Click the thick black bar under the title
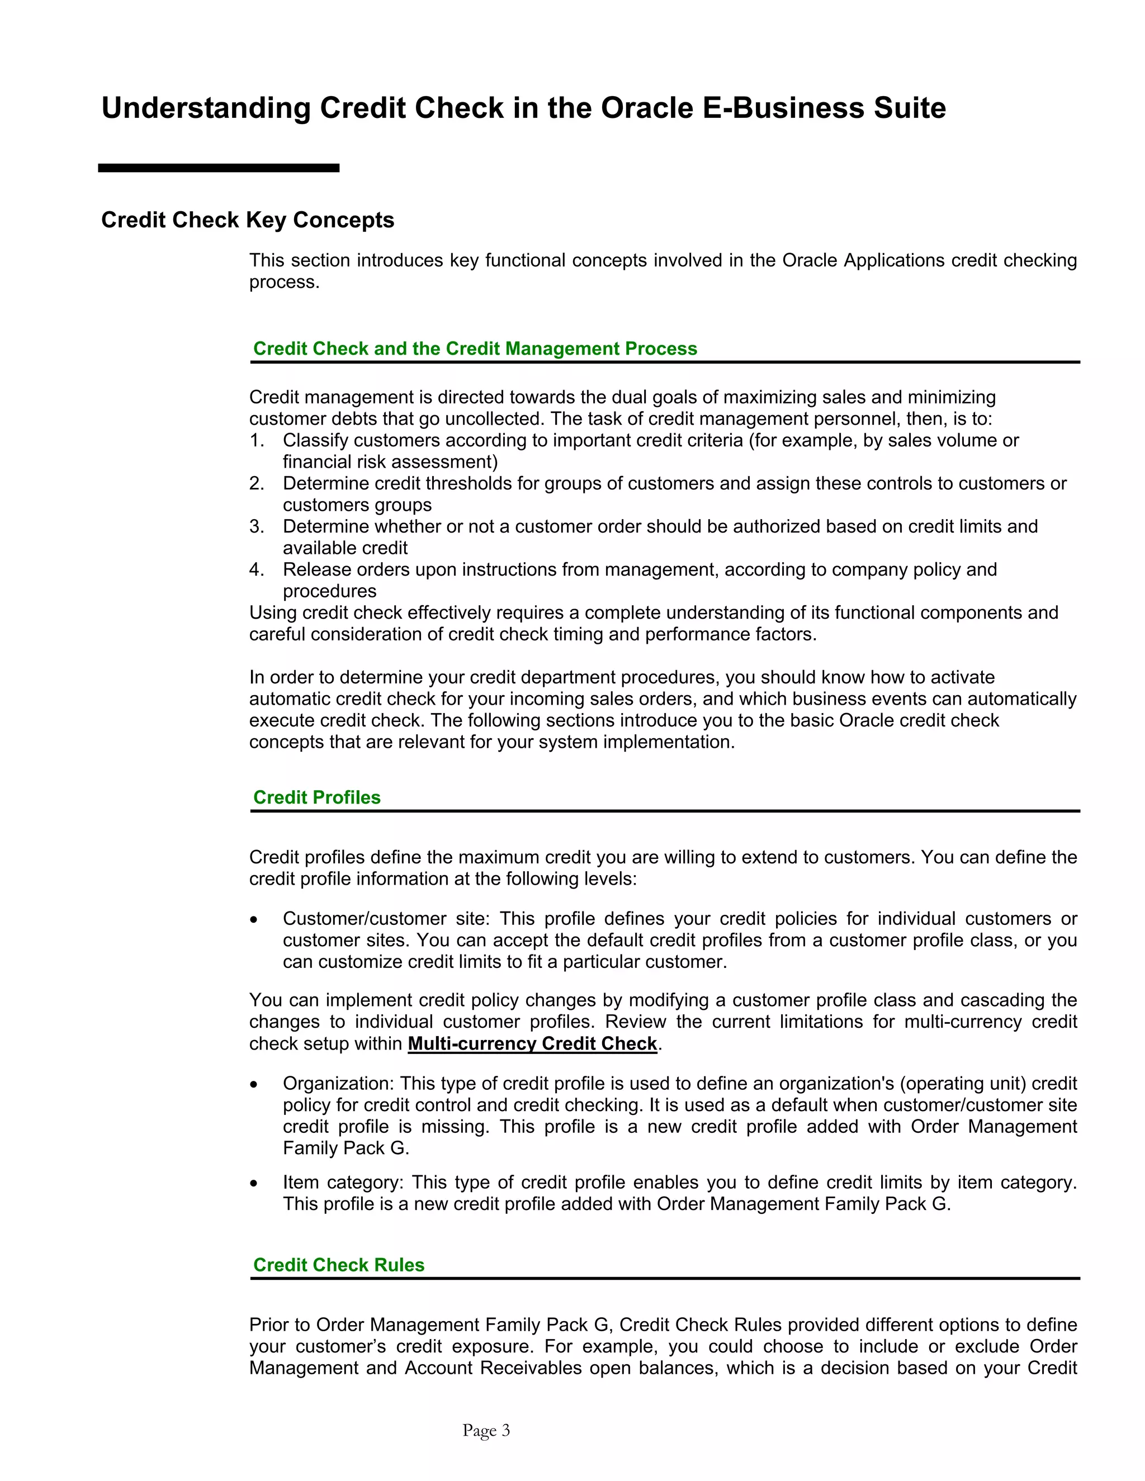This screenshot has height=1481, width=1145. click(x=219, y=168)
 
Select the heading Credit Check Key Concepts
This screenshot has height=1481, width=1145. click(x=248, y=220)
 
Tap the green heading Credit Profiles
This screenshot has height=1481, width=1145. click(x=317, y=798)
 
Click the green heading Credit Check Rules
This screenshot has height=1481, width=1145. click(x=338, y=1265)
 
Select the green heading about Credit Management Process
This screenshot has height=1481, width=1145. click(x=475, y=349)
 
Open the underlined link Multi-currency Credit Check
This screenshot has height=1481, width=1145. click(x=532, y=1043)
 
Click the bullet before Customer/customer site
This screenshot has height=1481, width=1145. click(x=254, y=919)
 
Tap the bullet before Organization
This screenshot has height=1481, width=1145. click(x=254, y=1084)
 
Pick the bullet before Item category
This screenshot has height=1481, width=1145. click(x=254, y=1183)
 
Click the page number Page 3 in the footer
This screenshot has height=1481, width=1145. click(x=486, y=1430)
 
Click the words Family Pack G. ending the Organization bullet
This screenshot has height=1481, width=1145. click(x=346, y=1148)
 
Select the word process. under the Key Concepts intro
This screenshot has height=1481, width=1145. click(x=284, y=282)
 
